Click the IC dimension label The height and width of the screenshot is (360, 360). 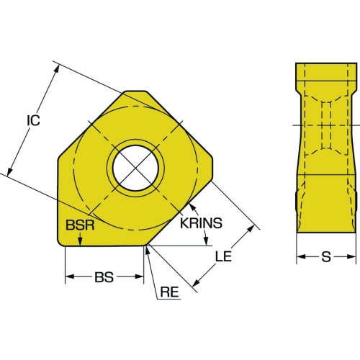[x=33, y=120]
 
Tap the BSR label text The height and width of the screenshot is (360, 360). [x=80, y=225]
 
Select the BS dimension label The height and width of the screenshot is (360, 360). [x=104, y=277]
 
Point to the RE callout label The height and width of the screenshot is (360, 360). [x=170, y=292]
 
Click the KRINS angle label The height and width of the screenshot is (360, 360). [x=201, y=223]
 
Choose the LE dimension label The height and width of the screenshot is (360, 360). [x=223, y=256]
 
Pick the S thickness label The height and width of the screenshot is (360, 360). [x=326, y=257]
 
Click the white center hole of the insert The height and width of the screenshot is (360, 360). [x=135, y=168]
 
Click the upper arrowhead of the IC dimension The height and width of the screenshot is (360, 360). [x=56, y=68]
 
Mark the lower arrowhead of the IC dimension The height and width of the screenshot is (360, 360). [x=10, y=171]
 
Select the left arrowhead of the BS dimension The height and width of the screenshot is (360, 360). [x=70, y=276]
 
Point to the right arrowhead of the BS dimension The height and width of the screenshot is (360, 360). [x=139, y=276]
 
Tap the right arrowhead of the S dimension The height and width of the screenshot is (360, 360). [x=351, y=257]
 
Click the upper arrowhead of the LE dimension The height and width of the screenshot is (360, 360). [x=251, y=229]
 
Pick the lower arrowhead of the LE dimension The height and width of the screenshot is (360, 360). [x=197, y=283]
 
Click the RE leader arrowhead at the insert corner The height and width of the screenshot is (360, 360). [x=148, y=250]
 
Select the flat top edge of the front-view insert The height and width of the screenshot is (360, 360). [x=135, y=91]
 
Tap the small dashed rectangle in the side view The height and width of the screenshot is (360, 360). [x=326, y=125]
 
